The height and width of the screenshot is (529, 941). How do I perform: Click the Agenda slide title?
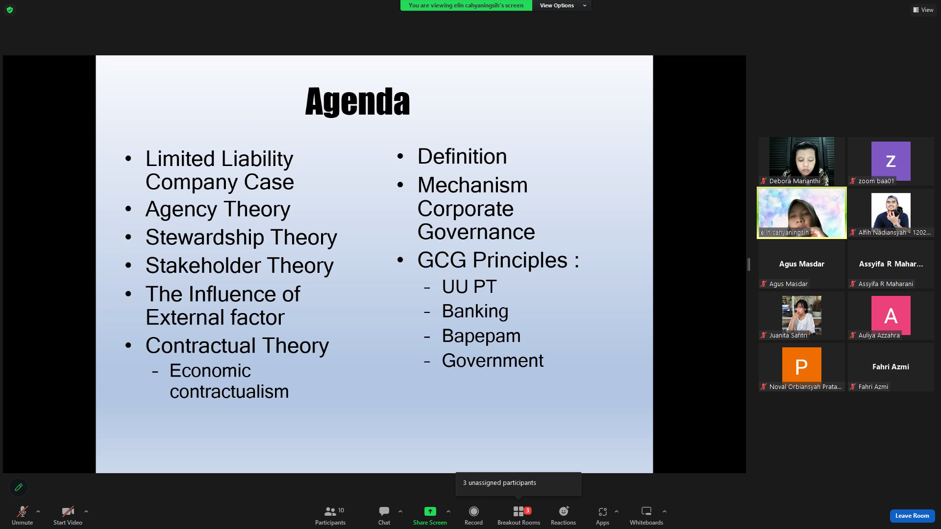[357, 102]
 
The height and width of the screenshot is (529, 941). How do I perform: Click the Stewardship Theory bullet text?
[241, 238]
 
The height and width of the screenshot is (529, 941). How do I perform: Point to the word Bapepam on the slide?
[481, 337]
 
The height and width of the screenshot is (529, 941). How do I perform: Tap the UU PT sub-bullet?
[469, 287]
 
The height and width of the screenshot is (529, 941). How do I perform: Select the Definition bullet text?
[462, 157]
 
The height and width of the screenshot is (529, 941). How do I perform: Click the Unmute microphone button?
[23, 516]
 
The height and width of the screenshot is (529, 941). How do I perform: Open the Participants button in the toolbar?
[330, 516]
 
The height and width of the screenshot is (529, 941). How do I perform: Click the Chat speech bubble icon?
[384, 511]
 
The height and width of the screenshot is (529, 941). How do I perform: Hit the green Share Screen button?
[430, 516]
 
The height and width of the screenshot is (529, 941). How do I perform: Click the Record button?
[473, 516]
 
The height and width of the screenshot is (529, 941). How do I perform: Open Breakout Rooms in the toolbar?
[519, 516]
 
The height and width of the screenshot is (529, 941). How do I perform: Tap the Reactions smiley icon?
[564, 511]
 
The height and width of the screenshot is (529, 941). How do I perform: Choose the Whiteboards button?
[646, 516]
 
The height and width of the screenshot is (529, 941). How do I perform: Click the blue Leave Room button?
[912, 516]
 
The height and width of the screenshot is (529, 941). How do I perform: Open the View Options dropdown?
[562, 5]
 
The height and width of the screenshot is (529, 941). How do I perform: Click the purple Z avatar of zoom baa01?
[891, 161]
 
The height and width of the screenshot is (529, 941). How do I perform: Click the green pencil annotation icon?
[19, 487]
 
